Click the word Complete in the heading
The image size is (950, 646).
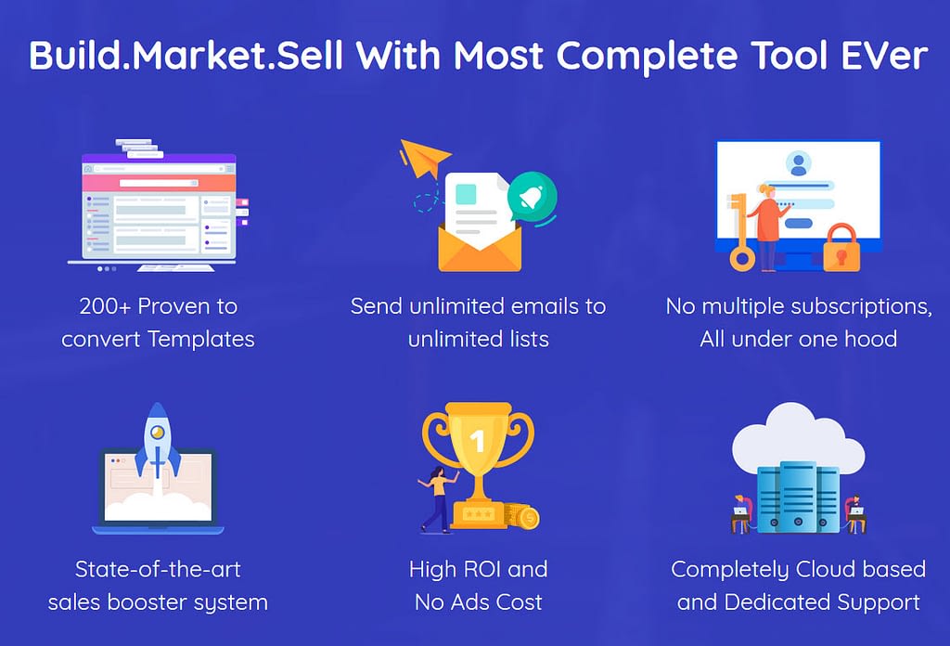coord(647,57)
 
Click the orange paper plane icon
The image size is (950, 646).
coord(425,157)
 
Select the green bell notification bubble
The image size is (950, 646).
coord(532,198)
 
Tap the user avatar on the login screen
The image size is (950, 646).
coord(799,163)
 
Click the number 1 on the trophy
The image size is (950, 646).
coord(478,441)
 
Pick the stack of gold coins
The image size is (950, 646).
coord(521,516)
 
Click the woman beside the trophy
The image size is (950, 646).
coord(439,500)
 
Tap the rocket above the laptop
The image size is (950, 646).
coord(158,446)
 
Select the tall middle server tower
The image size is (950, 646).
coord(798,497)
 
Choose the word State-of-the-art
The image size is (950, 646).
coord(158,569)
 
